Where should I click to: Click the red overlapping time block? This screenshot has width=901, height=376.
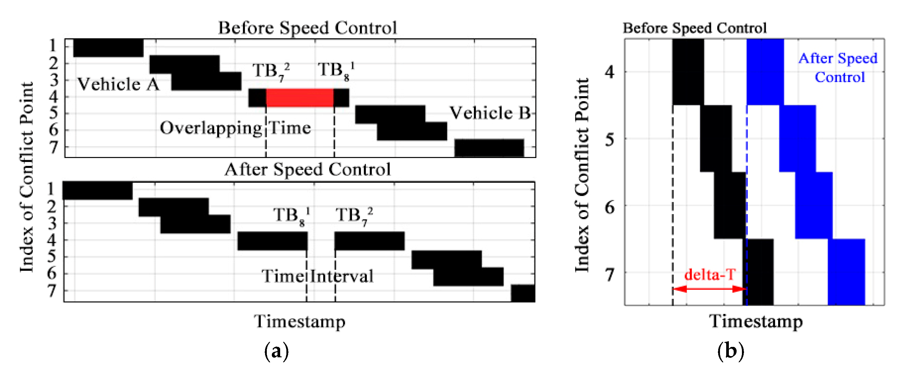pos(299,98)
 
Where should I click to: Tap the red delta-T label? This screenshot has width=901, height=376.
pos(710,274)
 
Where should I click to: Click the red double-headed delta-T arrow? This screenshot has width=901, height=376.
pos(710,289)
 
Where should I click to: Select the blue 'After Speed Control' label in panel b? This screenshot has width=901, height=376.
pos(838,68)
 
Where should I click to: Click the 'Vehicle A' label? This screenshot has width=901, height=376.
pos(118,84)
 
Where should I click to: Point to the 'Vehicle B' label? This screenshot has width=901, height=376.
pos(490,113)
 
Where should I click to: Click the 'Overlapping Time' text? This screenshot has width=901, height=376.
pos(235,128)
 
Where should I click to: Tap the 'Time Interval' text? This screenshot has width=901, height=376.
pos(317,276)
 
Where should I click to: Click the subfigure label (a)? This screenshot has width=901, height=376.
pos(276,351)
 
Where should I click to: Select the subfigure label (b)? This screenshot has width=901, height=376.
pos(730,351)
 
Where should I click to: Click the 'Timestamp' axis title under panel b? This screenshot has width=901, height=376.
pos(756,321)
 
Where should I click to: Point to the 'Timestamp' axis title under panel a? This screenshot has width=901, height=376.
pos(300,321)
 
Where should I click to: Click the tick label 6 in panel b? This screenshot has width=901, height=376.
pos(610,207)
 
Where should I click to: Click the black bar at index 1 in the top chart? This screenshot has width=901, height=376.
pos(108,48)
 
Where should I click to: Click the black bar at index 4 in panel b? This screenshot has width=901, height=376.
pos(688,72)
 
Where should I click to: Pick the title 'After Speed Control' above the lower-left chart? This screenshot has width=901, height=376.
pos(307,170)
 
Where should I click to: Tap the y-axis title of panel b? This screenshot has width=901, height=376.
pos(582,175)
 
